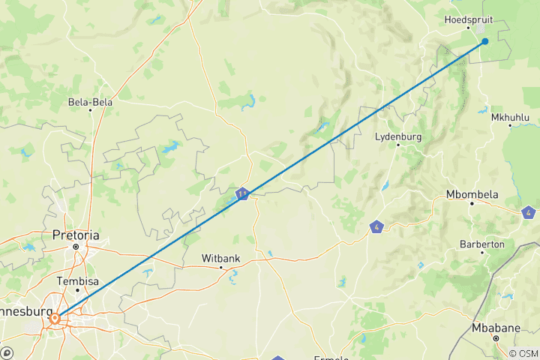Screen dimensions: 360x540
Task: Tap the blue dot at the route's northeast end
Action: [485, 41]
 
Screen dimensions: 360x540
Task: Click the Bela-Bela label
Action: [90, 101]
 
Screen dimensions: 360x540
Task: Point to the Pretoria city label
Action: [76, 235]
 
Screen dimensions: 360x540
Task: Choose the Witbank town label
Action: [220, 258]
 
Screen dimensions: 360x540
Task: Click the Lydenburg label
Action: [398, 136]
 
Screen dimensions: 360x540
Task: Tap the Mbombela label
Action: [472, 194]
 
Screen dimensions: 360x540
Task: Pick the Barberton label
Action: [482, 244]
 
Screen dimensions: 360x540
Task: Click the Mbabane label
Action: [495, 328]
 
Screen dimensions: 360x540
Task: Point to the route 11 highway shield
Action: [242, 195]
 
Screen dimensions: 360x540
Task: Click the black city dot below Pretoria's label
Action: [76, 246]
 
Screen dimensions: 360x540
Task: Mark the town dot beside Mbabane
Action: [496, 338]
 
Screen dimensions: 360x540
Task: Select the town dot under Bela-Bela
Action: [91, 111]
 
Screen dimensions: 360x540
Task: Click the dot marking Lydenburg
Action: [398, 145]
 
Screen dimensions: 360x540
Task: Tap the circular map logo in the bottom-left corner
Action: [6, 352]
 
